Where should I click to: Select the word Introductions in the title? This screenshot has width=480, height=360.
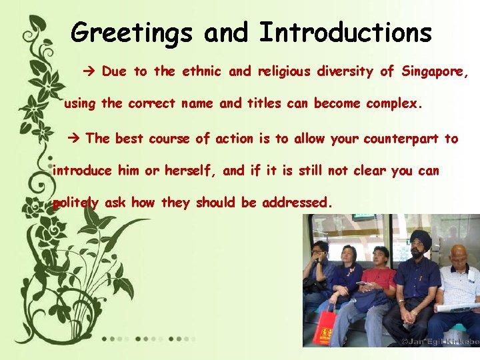pyautogui.click(x=345, y=31)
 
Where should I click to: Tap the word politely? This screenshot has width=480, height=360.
pyautogui.click(x=76, y=203)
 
